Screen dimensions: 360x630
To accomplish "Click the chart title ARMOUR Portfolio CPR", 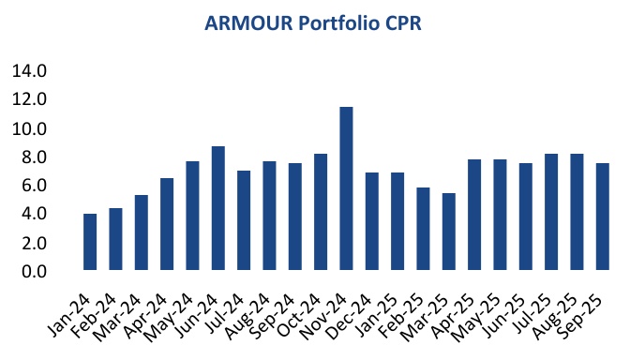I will [314, 23].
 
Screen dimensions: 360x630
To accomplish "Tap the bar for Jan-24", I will [90, 243].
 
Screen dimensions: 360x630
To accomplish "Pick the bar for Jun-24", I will [217, 209].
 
